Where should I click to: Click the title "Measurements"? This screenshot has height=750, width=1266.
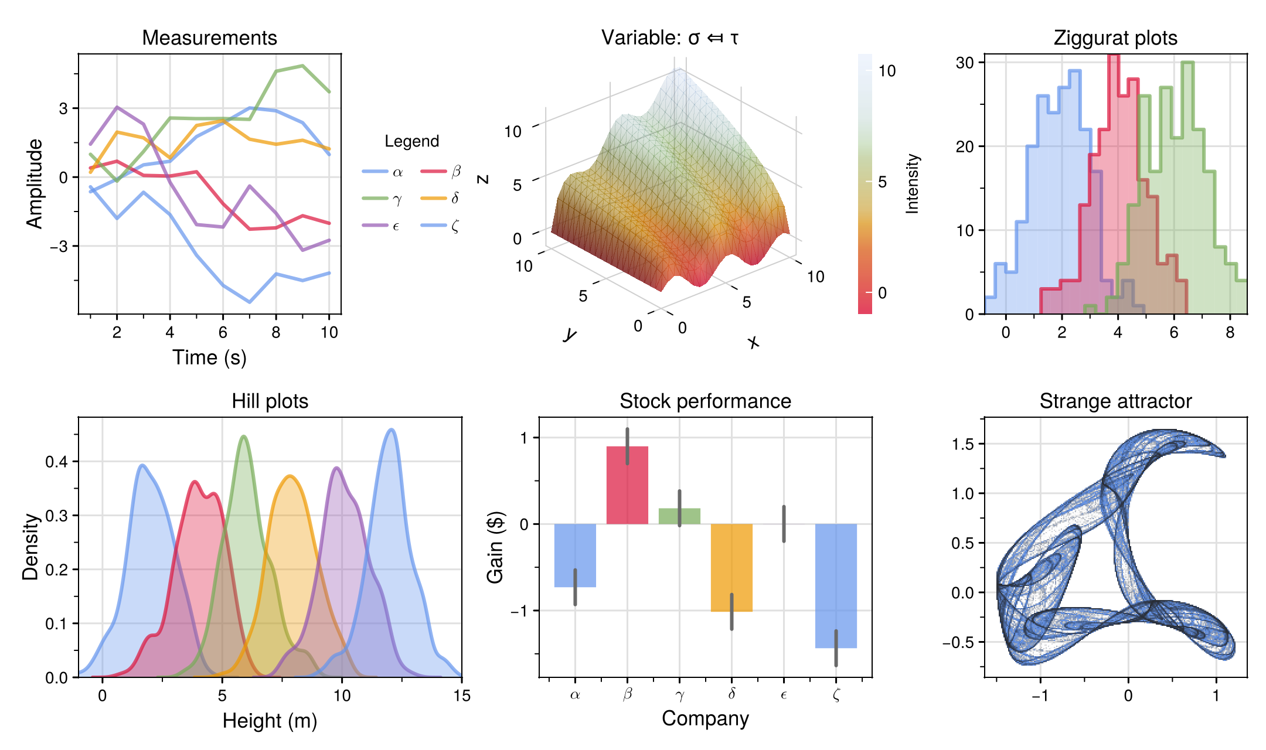click(x=209, y=38)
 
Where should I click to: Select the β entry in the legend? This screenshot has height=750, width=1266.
click(x=441, y=171)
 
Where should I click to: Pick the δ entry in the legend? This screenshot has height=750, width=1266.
click(x=441, y=198)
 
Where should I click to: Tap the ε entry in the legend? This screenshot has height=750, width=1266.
click(x=382, y=226)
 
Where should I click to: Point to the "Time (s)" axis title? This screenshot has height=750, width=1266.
click(x=209, y=357)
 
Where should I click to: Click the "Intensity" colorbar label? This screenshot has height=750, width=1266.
click(x=913, y=183)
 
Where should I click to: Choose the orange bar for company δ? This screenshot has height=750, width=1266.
click(x=731, y=567)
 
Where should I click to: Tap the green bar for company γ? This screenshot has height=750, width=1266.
click(x=679, y=516)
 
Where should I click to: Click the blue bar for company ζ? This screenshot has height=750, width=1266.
click(x=836, y=585)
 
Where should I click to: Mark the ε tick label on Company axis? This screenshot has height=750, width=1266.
click(x=784, y=696)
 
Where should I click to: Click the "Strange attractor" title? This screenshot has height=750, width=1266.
click(x=1115, y=401)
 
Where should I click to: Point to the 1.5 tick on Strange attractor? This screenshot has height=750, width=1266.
click(x=963, y=444)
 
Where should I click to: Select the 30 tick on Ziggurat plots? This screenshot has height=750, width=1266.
click(x=965, y=63)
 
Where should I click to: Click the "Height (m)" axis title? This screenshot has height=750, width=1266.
click(x=270, y=721)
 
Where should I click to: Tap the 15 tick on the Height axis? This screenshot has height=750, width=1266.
click(x=462, y=696)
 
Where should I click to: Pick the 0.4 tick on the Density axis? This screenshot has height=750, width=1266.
click(x=57, y=462)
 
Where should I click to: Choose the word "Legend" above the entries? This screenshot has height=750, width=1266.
click(x=411, y=141)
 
